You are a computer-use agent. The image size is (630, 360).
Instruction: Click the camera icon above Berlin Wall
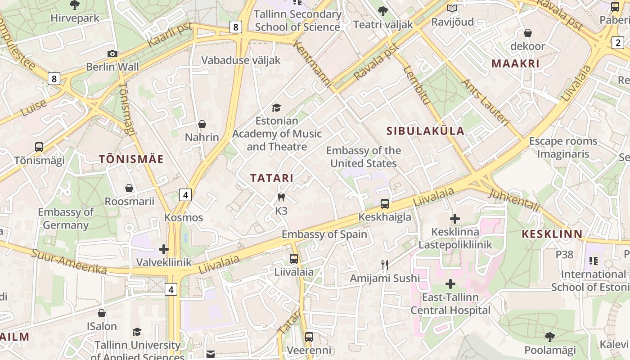coord(112,54)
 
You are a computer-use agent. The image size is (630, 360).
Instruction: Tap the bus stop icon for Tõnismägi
coord(39,147)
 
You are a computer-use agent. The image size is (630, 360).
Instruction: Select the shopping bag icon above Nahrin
coord(202,124)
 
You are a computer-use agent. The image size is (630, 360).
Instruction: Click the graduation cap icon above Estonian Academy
coord(276,108)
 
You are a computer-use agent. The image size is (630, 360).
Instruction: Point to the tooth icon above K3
coord(281,197)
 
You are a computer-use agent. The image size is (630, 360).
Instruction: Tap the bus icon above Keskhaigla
coord(385,204)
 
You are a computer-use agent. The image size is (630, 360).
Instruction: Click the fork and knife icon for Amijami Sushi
coord(385,265)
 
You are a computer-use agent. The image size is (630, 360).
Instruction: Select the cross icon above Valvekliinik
coord(164,249)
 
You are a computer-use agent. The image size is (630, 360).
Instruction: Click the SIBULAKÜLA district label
coord(425,131)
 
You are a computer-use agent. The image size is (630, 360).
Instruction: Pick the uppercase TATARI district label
coord(272,178)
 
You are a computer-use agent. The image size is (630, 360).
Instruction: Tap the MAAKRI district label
coord(515,63)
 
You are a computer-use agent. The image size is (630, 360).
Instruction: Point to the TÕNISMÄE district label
coord(131,159)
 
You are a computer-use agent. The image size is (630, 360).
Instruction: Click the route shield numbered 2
coord(618,43)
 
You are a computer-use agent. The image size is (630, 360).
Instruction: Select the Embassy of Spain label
coord(324,234)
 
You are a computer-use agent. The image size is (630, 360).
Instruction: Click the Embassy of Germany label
coord(66,218)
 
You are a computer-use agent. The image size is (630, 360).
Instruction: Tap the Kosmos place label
coord(184,218)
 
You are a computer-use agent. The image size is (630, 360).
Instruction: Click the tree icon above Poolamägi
coord(549,337)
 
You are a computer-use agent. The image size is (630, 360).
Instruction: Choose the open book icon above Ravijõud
coord(452,8)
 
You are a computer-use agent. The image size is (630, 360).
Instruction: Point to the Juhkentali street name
coord(514,200)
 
